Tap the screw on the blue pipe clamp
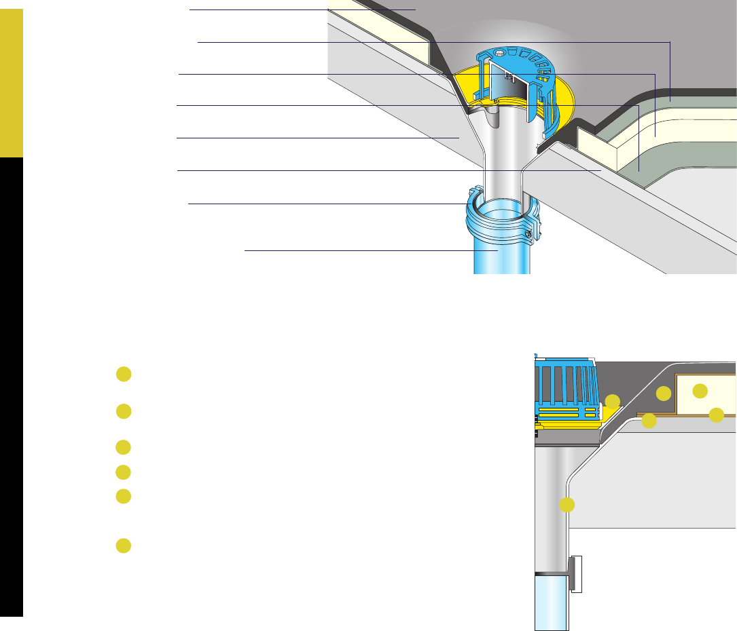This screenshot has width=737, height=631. (x=527, y=235)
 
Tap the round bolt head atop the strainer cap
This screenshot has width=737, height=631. (x=501, y=52)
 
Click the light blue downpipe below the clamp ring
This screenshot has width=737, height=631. (x=501, y=258)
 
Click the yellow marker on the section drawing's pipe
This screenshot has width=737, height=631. (x=567, y=505)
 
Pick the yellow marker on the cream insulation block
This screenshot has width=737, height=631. (x=700, y=390)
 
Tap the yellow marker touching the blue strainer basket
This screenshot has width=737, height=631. (x=613, y=401)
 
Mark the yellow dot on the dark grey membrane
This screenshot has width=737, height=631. (x=664, y=393)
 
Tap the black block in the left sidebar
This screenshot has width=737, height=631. (x=12, y=387)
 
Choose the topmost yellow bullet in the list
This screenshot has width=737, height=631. (x=123, y=374)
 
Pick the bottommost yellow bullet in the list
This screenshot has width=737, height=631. (x=123, y=546)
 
